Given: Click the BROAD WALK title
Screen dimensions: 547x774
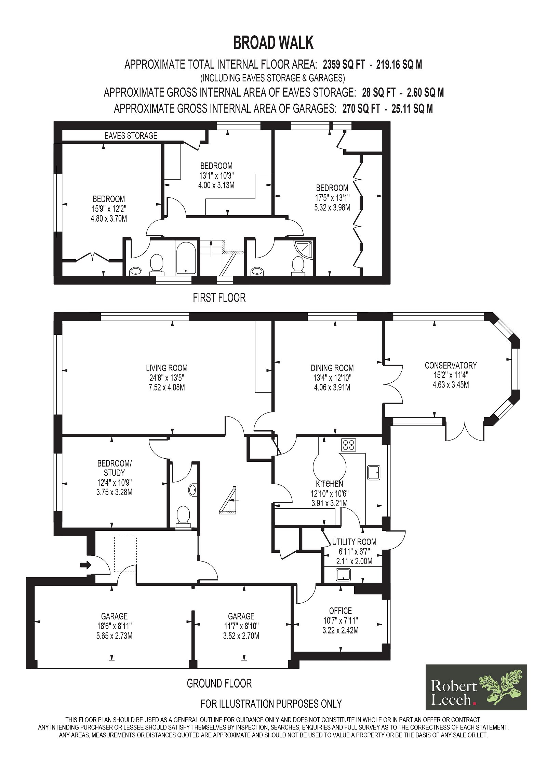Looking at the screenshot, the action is [x=273, y=43].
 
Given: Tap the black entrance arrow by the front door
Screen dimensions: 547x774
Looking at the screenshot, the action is [x=86, y=565].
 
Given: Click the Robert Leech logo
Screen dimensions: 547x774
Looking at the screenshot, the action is [x=476, y=687].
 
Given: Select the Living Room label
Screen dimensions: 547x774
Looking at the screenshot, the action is [x=166, y=368].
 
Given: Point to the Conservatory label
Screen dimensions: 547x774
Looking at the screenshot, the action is [x=451, y=365].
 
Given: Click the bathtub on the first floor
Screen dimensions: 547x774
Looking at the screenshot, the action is [x=186, y=258].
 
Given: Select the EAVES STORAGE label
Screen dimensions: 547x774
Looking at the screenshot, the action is [x=131, y=136].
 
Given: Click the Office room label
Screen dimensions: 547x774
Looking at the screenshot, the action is [x=340, y=611].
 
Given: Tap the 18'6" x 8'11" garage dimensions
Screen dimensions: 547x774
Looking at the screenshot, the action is [x=114, y=626].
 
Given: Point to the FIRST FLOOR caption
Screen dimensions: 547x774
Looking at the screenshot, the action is [x=219, y=298].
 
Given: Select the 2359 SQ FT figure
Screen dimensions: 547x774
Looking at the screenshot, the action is [x=344, y=64].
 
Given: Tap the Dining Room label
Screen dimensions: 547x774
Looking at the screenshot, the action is [x=332, y=368].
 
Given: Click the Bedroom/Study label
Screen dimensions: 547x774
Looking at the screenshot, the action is [x=114, y=468].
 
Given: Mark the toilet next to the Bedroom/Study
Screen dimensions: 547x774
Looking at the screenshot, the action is [x=183, y=517].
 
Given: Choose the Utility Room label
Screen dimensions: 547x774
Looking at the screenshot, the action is [x=354, y=542].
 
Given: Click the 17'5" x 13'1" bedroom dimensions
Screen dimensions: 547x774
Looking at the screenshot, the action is [x=332, y=197].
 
